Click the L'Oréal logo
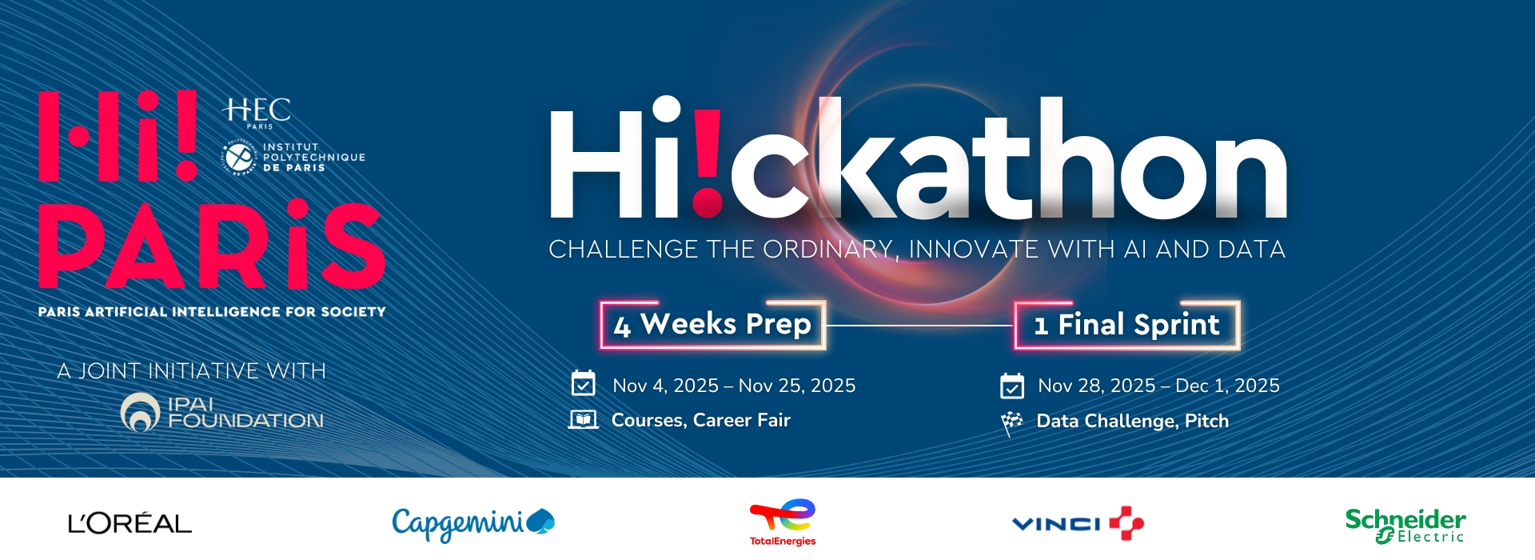pos(130,524)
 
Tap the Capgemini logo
pos(473,523)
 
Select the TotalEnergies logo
pos(783,522)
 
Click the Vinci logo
pos(1078,523)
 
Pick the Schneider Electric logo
pos(1405,526)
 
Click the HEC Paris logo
pos(257,113)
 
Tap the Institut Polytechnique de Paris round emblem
pos(238,158)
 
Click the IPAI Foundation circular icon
pos(140,412)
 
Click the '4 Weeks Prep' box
pos(713,325)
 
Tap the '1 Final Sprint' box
pos(1127,325)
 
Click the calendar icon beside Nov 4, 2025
pos(584,383)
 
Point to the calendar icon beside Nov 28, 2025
pos(1012,386)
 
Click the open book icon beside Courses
pos(584,419)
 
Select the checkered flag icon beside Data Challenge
pos(1011,422)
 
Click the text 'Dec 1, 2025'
pos(1227,386)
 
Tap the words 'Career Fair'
pos(742,420)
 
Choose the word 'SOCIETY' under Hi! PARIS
pos(353,312)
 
